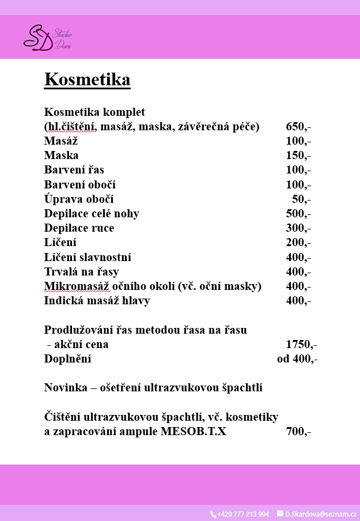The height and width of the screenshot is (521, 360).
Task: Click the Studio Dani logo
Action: (x=47, y=37)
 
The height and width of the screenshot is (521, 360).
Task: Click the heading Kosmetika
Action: (x=87, y=79)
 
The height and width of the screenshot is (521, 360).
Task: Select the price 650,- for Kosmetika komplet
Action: (x=298, y=127)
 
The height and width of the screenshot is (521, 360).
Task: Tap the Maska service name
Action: (x=61, y=156)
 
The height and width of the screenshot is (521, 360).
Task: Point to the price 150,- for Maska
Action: (x=298, y=156)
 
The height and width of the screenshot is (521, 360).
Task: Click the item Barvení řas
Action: (x=74, y=170)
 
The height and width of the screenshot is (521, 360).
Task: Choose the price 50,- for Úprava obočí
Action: (x=301, y=199)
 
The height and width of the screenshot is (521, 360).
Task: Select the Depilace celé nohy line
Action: (x=92, y=214)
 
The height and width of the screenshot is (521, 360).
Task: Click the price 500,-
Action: (x=298, y=214)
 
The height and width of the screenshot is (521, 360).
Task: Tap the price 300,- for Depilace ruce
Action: (x=298, y=228)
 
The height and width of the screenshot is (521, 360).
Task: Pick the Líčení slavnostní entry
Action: (x=88, y=257)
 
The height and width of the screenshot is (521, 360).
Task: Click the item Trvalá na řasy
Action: (x=81, y=272)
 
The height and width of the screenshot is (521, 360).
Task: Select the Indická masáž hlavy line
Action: (x=97, y=301)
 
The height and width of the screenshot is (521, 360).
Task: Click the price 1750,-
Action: (x=301, y=345)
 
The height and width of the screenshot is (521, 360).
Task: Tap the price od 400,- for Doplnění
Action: (x=297, y=359)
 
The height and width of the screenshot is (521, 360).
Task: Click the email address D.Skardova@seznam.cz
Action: (x=320, y=514)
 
